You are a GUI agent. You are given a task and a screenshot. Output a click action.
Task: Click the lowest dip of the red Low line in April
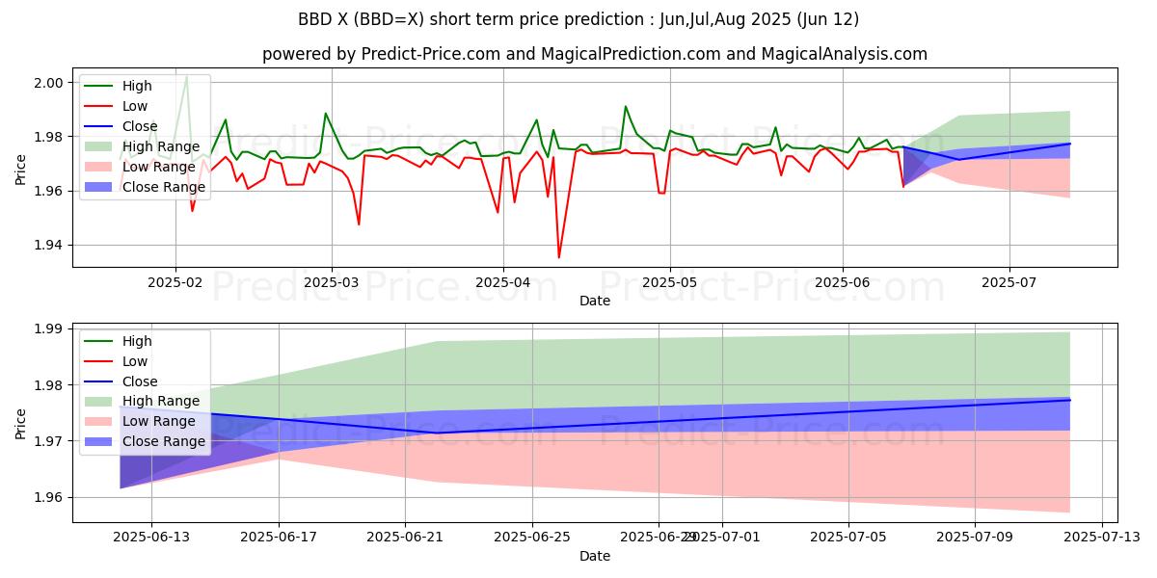[x=558, y=257]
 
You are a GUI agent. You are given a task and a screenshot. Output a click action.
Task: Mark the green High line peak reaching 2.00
[x=186, y=77]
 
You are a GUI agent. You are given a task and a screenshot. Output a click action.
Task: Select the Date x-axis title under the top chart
[x=595, y=301]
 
